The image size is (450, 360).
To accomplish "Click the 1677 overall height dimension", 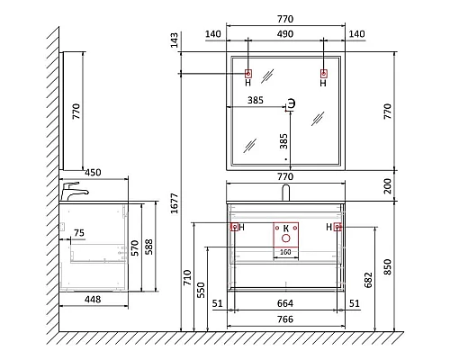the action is [x=175, y=203].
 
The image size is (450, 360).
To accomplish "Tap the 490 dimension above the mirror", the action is [x=284, y=34].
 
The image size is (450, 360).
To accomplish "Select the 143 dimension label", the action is [x=174, y=40].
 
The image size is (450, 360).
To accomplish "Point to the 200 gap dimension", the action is [x=388, y=185].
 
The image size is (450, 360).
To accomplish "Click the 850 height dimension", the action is [x=388, y=266].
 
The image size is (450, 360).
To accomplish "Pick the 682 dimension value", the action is [x=368, y=280].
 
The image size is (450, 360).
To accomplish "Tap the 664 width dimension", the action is [x=284, y=303].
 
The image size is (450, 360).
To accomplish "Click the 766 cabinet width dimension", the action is [x=284, y=319].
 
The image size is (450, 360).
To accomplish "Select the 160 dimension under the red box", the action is [x=285, y=252].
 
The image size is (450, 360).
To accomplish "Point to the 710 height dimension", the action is [x=187, y=277].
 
